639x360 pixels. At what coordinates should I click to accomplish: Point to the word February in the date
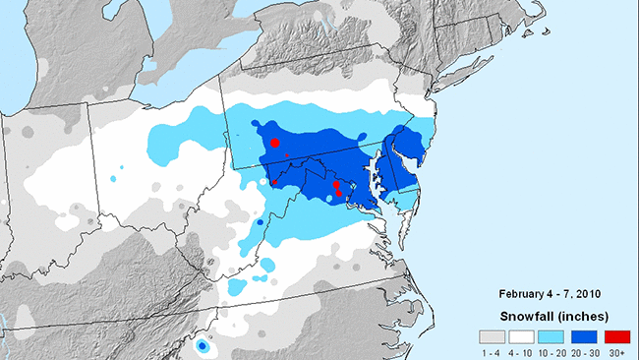coord(523,293)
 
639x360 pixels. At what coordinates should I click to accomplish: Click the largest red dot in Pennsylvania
coord(275,144)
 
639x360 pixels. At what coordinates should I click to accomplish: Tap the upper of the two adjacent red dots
coord(336,185)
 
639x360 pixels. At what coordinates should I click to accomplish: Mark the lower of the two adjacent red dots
coord(339,193)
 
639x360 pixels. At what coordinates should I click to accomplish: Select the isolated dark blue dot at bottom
coord(202,346)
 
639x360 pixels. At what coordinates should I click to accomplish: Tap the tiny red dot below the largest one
coord(286,155)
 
